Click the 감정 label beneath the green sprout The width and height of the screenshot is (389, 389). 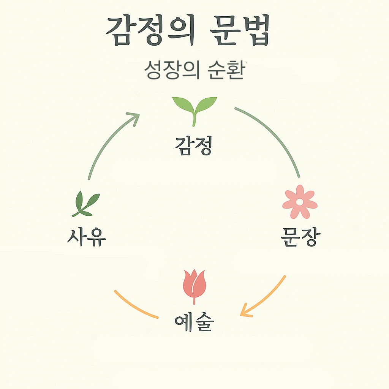193,146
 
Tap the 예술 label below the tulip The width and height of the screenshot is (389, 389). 194,323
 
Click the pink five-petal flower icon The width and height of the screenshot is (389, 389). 300,202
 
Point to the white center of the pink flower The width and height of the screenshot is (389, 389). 300,202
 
